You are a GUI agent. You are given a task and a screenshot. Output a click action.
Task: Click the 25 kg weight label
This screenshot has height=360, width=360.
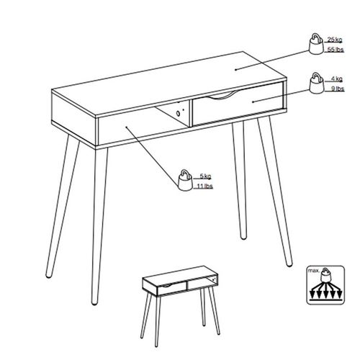(x=335, y=40)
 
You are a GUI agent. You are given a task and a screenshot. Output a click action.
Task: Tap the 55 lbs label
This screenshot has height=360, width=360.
(x=336, y=50)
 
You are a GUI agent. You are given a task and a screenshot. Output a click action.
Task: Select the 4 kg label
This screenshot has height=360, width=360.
(x=337, y=78)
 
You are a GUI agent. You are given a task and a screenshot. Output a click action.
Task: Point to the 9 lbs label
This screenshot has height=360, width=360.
(x=338, y=89)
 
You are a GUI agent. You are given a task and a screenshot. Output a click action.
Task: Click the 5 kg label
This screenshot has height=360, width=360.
(x=205, y=176)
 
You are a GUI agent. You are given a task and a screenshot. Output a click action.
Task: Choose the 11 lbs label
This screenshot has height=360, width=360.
(x=204, y=186)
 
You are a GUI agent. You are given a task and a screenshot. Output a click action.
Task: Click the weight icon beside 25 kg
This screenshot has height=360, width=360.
(x=316, y=44)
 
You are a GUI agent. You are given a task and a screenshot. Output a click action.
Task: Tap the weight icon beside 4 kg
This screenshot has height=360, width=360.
(x=317, y=83)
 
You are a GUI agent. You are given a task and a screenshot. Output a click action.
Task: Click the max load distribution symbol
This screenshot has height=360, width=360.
(x=325, y=285)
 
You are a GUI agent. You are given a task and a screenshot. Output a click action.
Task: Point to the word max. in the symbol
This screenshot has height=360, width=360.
(x=314, y=271)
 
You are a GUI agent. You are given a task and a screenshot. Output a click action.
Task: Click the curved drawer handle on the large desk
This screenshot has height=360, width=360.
(x=220, y=96)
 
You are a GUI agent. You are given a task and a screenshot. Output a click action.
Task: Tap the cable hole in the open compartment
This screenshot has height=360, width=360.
(x=178, y=114)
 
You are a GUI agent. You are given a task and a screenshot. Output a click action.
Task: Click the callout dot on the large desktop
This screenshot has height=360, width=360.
(x=235, y=70)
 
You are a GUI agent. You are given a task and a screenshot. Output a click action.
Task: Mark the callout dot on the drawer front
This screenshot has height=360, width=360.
(x=253, y=102)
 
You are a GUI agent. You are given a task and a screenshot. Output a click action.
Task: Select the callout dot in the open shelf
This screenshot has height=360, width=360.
(x=126, y=127)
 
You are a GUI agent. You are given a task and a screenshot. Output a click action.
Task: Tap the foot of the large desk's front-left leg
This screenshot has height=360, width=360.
(x=94, y=303)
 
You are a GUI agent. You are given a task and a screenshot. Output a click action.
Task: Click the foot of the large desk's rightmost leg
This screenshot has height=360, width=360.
(x=289, y=264)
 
